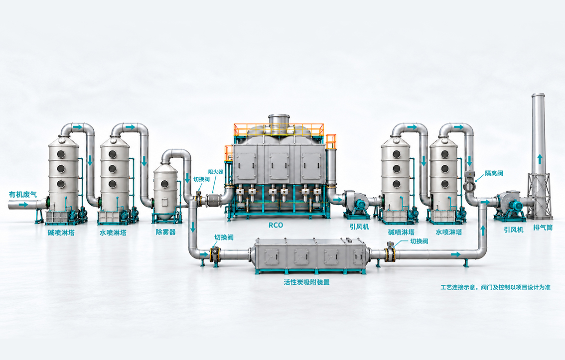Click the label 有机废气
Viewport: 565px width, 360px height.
(23, 194)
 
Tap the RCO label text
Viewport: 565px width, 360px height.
(276, 226)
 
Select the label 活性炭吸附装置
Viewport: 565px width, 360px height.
(306, 282)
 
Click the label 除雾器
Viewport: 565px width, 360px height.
(166, 232)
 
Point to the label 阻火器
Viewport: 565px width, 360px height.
(215, 172)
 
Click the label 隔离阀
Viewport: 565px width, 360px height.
(494, 173)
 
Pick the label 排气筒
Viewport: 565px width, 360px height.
(543, 228)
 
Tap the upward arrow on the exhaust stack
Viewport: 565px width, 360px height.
(540, 159)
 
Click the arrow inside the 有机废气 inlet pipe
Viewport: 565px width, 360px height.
(23, 205)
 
